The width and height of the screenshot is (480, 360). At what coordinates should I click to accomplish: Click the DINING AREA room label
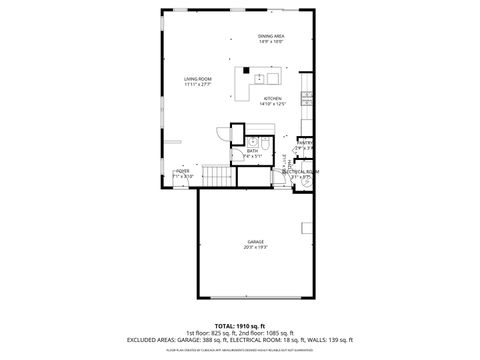click(x=270, y=35)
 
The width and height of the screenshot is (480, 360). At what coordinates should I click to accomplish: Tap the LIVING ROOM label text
click(x=196, y=78)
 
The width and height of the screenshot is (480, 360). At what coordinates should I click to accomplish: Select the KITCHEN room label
click(x=273, y=98)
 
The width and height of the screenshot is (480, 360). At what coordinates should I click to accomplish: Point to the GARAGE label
click(x=256, y=242)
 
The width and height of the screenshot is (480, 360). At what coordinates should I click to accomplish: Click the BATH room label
click(x=252, y=151)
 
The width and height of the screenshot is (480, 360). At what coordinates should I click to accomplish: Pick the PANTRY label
click(x=305, y=143)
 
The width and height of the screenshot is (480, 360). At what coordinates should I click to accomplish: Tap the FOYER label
click(x=182, y=171)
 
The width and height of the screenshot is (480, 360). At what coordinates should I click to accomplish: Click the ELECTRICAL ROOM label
click(x=299, y=171)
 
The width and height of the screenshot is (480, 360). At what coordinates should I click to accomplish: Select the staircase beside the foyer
click(x=218, y=178)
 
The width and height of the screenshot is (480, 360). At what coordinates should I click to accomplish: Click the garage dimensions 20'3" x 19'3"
click(x=256, y=248)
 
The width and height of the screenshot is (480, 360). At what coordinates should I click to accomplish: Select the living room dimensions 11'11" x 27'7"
click(x=196, y=84)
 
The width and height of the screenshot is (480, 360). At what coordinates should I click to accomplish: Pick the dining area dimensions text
click(x=270, y=41)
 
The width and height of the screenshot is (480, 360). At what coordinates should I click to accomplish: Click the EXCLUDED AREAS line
click(x=240, y=341)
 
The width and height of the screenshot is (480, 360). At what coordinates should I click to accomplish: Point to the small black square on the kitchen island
click(x=244, y=72)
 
